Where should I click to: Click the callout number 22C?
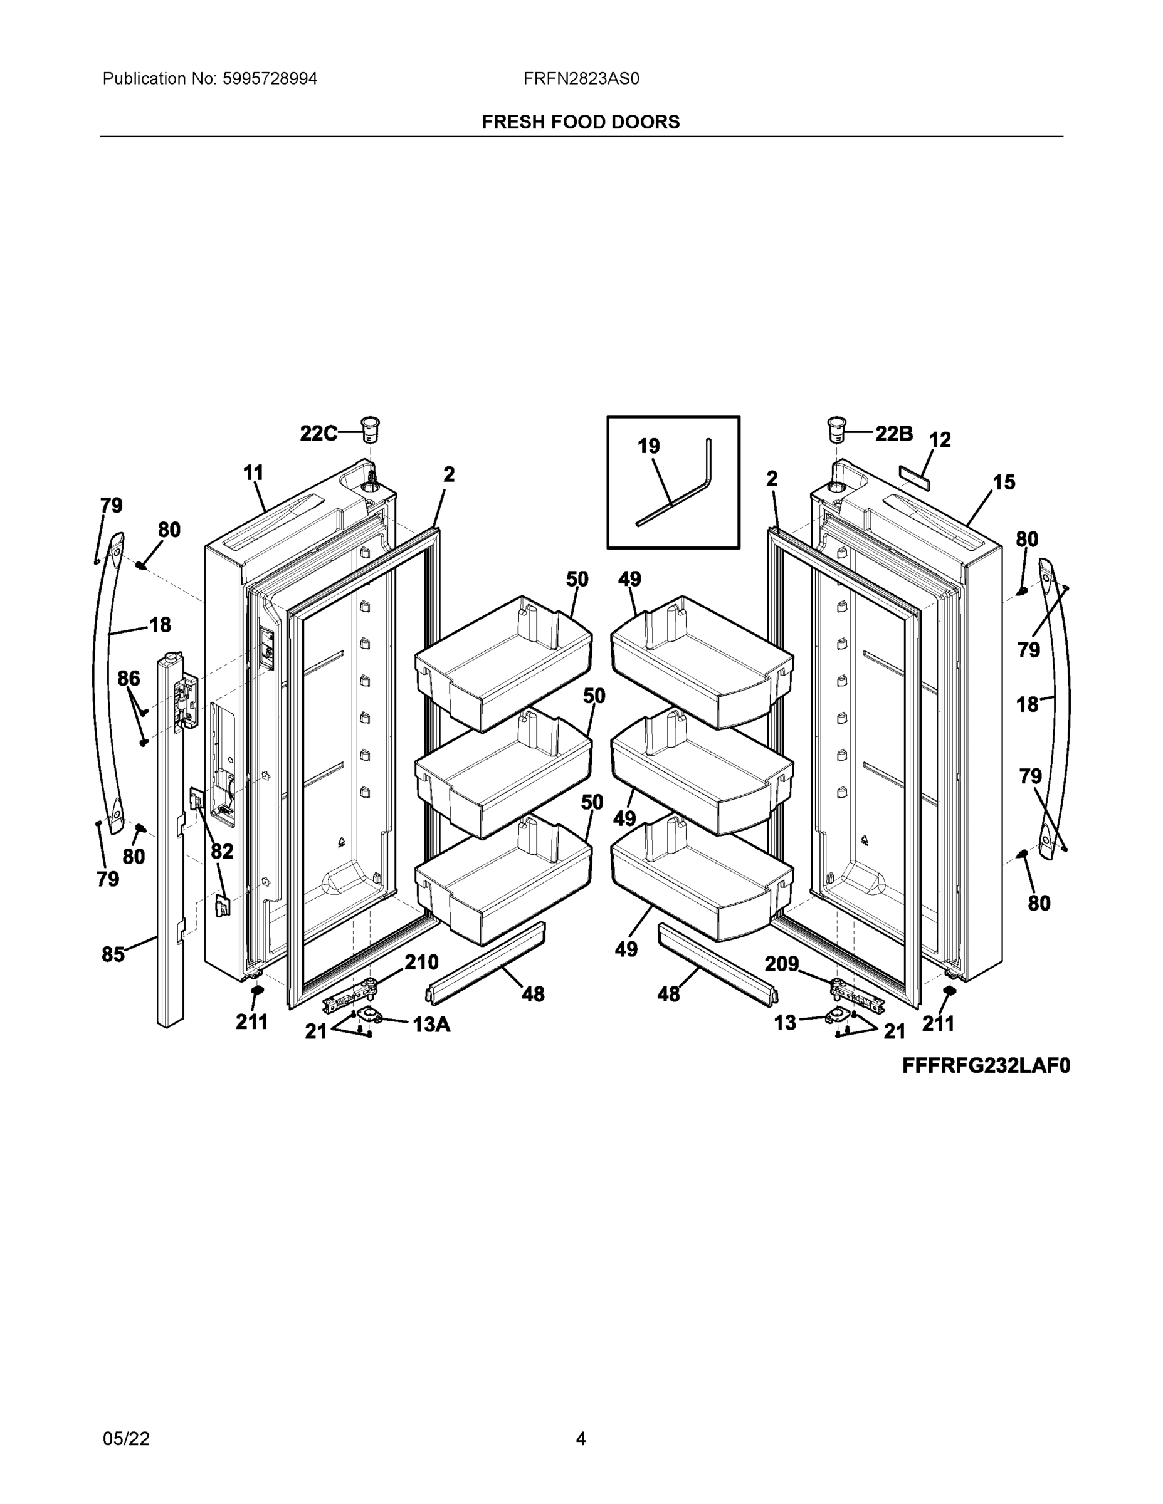(318, 433)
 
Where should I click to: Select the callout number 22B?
(893, 433)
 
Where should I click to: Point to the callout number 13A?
(431, 1025)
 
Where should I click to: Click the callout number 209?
(781, 963)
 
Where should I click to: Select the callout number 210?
(421, 962)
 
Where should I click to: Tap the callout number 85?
(113, 954)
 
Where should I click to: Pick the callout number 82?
(222, 852)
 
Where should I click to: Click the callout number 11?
(253, 473)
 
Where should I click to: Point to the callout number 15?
(1004, 482)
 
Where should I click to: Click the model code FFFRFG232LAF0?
(986, 1066)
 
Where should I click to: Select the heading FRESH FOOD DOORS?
(580, 122)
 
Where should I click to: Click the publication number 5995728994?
(270, 78)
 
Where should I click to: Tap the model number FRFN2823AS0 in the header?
(581, 78)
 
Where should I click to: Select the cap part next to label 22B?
(837, 429)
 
